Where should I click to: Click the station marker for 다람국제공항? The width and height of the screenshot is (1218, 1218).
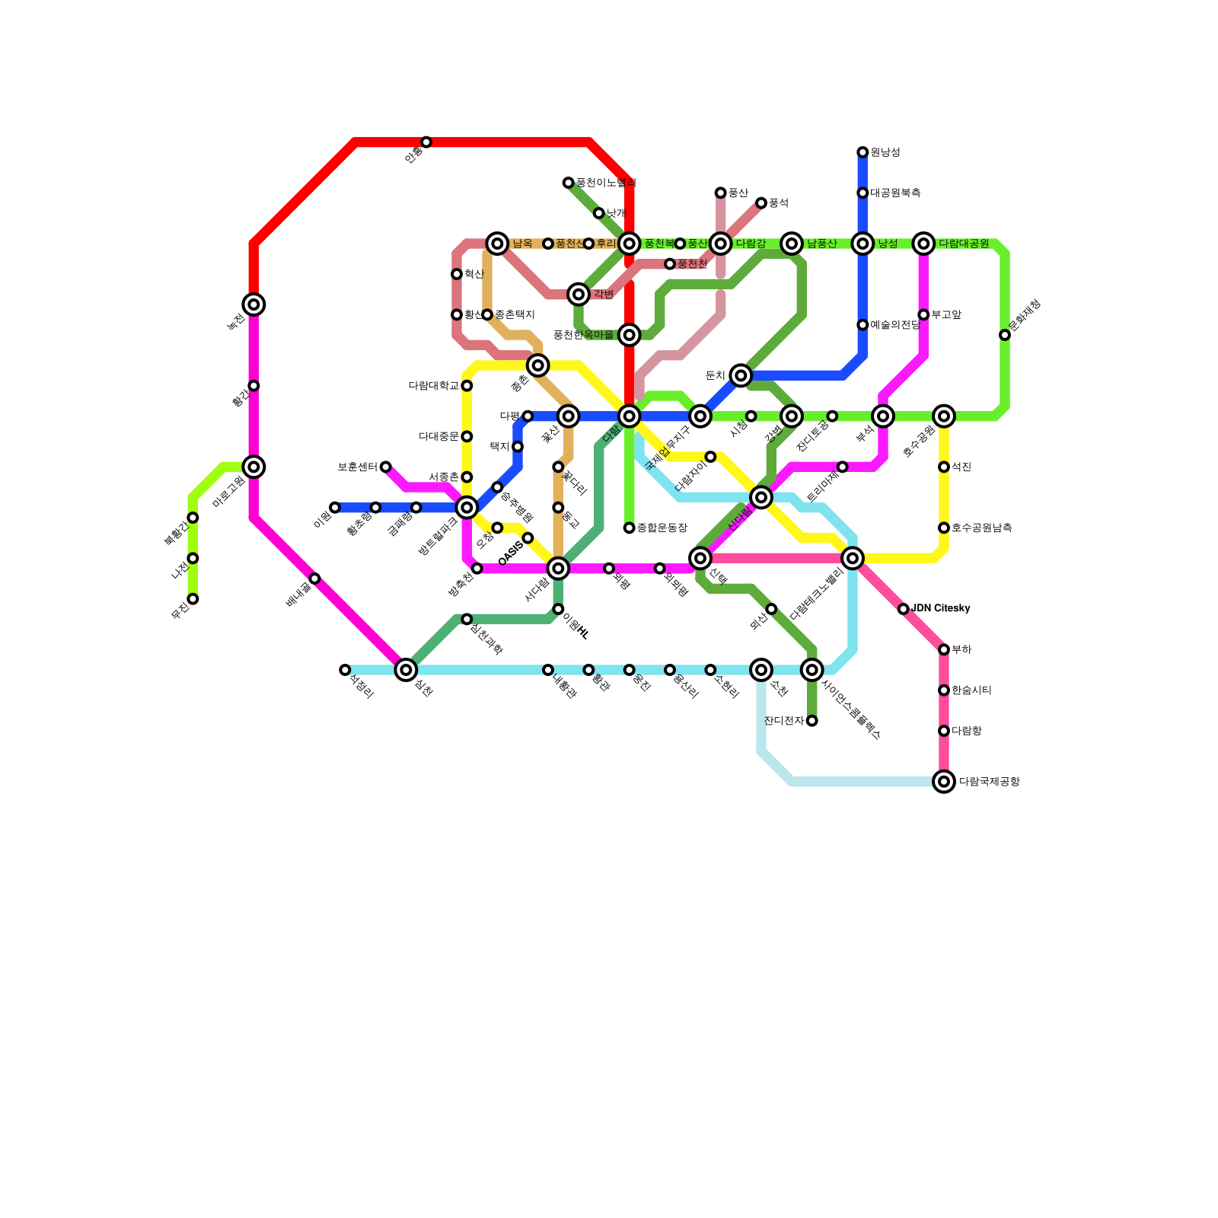944,782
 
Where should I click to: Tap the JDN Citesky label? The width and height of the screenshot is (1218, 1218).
941,608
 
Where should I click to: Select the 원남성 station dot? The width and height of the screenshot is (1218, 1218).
862,152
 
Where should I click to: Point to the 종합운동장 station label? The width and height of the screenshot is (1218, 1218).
662,528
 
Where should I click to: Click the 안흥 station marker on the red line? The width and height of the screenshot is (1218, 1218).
426,142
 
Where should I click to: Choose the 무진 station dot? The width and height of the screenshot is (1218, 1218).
193,599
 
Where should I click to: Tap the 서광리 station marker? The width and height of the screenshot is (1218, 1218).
345,670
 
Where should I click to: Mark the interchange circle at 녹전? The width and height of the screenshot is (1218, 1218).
254,304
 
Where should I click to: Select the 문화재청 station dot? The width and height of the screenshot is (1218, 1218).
1005,335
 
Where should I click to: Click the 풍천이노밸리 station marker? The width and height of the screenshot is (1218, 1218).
568,183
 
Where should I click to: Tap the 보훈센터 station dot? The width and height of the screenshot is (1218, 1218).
386,467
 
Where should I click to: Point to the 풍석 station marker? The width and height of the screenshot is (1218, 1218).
761,203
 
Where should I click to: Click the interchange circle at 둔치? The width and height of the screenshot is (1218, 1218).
741,375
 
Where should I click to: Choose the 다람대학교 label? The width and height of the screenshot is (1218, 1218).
434,386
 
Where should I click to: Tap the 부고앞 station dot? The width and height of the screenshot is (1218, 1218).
923,314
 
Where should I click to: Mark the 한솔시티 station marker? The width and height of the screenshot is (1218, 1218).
944,690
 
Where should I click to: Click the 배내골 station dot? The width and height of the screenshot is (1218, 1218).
315,579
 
